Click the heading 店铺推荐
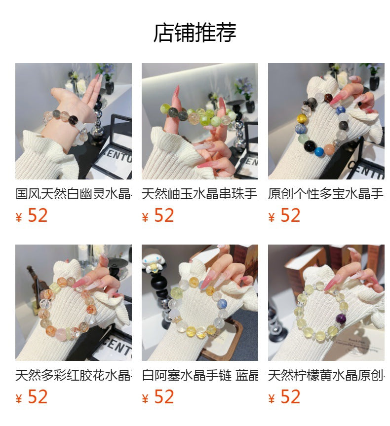coord(195,33)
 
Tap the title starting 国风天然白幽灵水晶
coord(74,194)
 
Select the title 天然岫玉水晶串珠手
coord(199,194)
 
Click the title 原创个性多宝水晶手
coord(326,194)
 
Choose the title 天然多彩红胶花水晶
coord(74,375)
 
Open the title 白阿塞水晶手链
coord(199,375)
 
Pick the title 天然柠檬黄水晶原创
coord(326,375)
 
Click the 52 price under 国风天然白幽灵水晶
coord(38,215)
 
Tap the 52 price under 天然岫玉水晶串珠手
coord(164,215)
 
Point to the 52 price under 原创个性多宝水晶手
coord(290,215)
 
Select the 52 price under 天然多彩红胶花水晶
coord(38,397)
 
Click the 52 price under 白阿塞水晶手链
coord(164,397)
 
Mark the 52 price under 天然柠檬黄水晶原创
coord(290,397)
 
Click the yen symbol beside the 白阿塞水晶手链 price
coord(145,399)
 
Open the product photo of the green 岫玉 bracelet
coord(199,121)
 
